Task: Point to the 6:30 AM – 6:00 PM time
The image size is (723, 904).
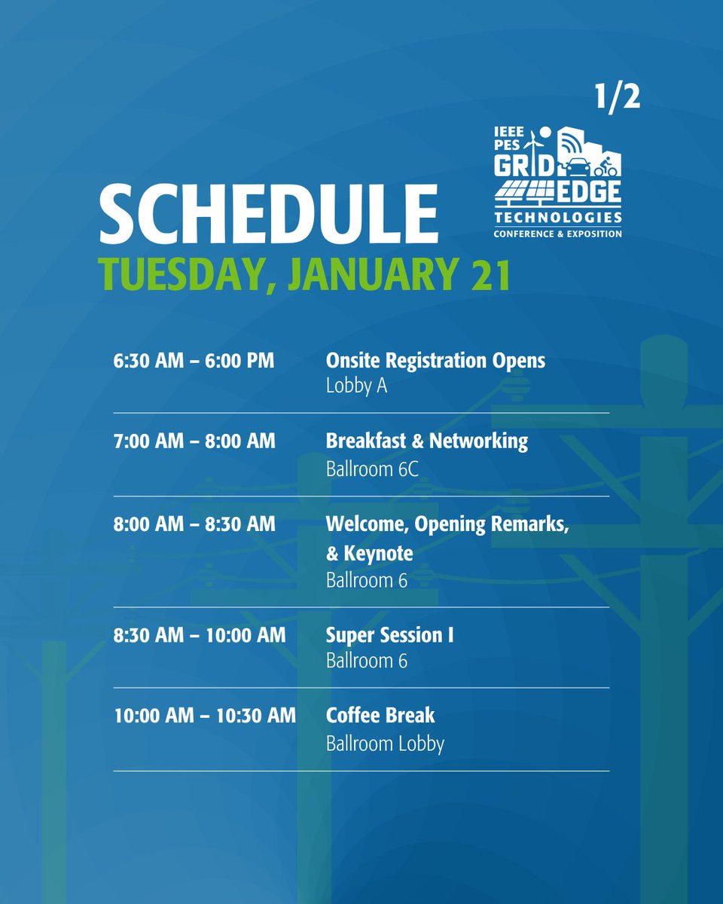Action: click(x=194, y=361)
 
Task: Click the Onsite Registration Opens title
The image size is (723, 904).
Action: click(x=435, y=361)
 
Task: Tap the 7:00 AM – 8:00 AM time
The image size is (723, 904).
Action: click(x=194, y=441)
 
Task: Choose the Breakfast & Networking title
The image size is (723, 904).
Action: click(x=426, y=441)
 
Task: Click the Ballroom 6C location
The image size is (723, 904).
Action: click(x=371, y=469)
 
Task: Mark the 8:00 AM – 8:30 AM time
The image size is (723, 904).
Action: click(x=194, y=524)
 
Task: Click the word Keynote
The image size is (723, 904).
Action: click(x=377, y=554)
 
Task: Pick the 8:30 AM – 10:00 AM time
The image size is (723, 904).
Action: click(x=200, y=635)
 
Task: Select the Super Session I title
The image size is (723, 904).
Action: click(x=389, y=635)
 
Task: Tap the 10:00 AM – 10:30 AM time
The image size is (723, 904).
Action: click(x=205, y=715)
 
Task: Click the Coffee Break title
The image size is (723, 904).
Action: click(x=380, y=715)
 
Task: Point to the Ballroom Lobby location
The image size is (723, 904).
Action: click(x=385, y=744)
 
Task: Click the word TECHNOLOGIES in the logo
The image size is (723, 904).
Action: click(x=558, y=218)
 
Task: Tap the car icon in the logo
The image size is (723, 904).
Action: click(x=578, y=166)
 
